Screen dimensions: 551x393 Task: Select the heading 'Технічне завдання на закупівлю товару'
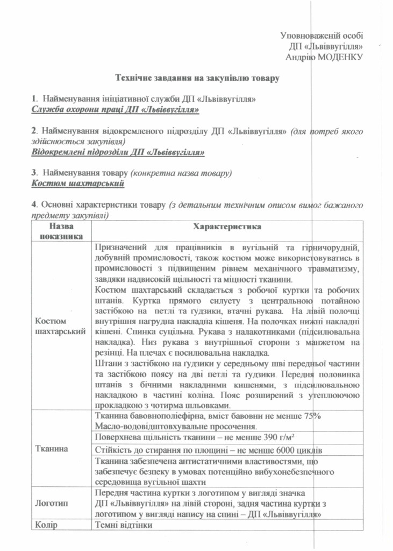click(x=197, y=79)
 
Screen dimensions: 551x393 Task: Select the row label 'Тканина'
click(x=49, y=448)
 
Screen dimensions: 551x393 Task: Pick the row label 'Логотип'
click(x=50, y=503)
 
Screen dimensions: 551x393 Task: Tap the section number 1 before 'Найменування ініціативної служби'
click(x=33, y=100)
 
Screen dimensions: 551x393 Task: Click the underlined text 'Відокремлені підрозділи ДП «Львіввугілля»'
click(x=118, y=152)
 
